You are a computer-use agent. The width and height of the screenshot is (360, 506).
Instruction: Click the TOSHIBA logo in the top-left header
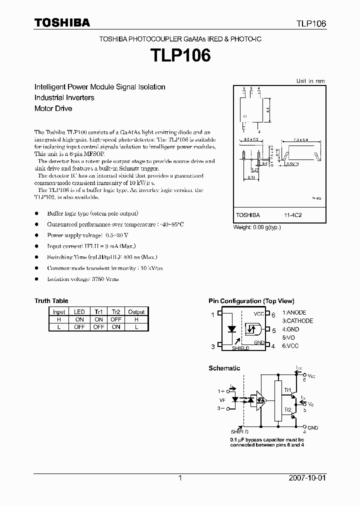[62, 22]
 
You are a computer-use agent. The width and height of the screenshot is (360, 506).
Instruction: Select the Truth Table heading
[51, 301]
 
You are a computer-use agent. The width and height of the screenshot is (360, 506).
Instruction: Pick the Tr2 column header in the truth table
[116, 311]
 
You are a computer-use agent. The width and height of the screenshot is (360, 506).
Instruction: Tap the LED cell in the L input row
[79, 326]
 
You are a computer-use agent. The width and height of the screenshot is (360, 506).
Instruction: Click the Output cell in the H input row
[136, 319]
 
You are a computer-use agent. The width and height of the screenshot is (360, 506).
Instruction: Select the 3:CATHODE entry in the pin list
[297, 321]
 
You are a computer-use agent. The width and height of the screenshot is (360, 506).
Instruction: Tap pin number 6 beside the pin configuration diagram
[273, 314]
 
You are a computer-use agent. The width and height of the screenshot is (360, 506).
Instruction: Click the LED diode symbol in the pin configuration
[231, 329]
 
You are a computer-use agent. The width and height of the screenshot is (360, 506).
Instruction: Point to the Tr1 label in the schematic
[287, 389]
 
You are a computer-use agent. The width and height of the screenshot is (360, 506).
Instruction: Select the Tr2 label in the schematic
[287, 409]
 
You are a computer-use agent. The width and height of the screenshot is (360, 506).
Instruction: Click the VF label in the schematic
[222, 399]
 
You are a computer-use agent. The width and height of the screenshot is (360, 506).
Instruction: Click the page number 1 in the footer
[179, 478]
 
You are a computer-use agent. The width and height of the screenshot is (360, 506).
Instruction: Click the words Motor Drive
[53, 108]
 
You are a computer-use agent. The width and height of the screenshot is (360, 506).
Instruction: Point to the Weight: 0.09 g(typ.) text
[257, 226]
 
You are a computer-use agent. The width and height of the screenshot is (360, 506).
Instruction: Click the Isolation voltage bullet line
[83, 279]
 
